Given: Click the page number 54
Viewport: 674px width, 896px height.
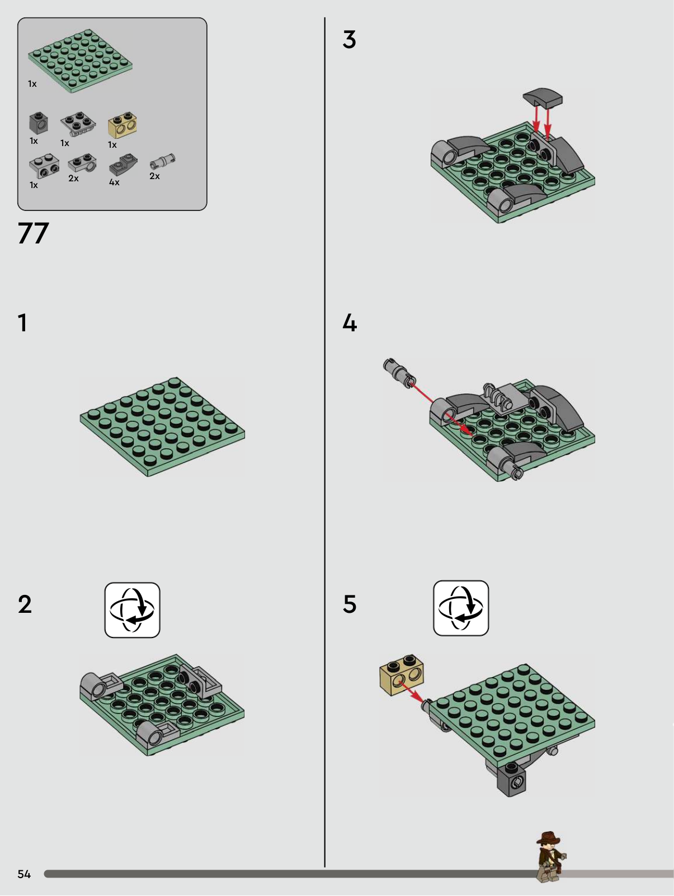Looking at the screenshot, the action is coord(24,874).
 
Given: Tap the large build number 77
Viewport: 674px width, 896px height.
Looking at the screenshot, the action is coord(33,233).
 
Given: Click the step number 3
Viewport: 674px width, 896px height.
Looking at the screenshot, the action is coord(349,40).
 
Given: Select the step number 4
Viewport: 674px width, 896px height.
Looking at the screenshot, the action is coord(350,323).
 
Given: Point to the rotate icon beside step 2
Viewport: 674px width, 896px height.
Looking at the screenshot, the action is coord(132,610).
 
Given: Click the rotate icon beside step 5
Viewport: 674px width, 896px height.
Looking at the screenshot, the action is coord(461,608).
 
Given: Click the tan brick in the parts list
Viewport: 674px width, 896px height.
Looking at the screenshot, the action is coord(122,124).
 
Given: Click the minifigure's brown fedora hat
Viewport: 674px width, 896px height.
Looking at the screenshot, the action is coord(548,838).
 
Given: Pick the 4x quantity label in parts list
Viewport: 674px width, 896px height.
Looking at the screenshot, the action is coord(114,182).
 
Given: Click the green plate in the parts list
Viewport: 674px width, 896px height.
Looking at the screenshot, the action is coord(81,61).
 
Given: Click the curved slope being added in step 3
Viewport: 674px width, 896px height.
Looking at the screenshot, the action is coord(543,97).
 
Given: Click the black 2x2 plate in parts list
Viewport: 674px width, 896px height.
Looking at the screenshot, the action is coord(78,124).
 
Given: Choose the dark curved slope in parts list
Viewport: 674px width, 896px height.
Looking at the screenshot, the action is coord(123,165).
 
